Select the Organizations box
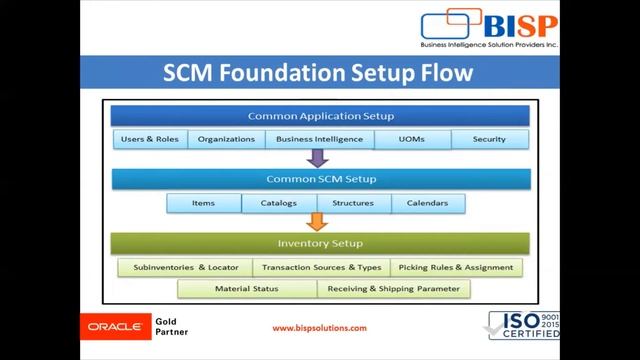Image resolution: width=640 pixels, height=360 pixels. pyautogui.click(x=226, y=139)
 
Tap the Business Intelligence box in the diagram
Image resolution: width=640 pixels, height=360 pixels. pyautogui.click(x=319, y=139)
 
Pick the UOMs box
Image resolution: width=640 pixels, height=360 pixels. pyautogui.click(x=412, y=139)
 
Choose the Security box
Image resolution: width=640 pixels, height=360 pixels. pyautogui.click(x=490, y=139)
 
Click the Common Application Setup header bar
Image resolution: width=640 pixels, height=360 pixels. pyautogui.click(x=319, y=116)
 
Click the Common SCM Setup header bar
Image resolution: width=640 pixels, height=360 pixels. pyautogui.click(x=319, y=180)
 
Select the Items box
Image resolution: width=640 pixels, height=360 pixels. pyautogui.click(x=204, y=203)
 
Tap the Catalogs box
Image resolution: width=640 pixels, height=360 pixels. pyautogui.click(x=279, y=203)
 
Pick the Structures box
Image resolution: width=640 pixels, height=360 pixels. pyautogui.click(x=353, y=203)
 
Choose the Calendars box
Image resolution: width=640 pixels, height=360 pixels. pyautogui.click(x=427, y=203)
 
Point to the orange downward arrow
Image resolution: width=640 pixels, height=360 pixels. pyautogui.click(x=317, y=222)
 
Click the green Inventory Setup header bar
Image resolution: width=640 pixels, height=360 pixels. pyautogui.click(x=319, y=243)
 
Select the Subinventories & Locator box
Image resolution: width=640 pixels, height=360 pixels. pyautogui.click(x=184, y=267)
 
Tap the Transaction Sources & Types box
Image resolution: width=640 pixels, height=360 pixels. pyautogui.click(x=321, y=267)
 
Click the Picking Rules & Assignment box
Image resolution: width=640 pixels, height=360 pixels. pyautogui.click(x=455, y=267)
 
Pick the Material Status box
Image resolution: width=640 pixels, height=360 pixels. pyautogui.click(x=247, y=289)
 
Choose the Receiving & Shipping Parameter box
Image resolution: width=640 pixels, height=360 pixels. pyautogui.click(x=394, y=289)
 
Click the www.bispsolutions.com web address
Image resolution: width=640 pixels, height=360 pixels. pyautogui.click(x=319, y=328)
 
